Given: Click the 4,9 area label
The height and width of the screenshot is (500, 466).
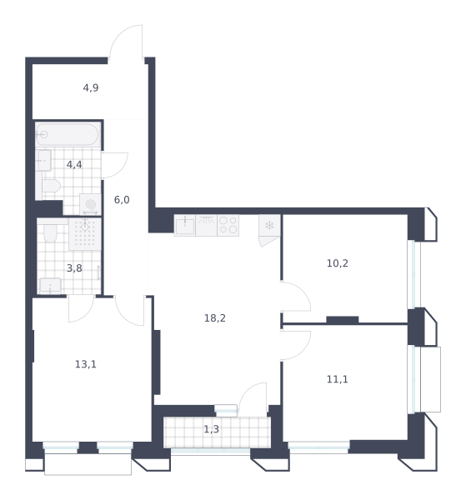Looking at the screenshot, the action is pos(91,87).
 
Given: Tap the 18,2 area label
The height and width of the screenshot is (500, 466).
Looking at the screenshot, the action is pos(214,318).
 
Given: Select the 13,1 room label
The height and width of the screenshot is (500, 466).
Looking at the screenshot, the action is pos(86,364).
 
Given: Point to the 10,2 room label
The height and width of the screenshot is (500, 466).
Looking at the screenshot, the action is pos(337,263).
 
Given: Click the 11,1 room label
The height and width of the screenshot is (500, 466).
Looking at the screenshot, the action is pos(337,379).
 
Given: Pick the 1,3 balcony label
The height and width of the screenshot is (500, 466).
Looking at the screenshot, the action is pos(211,429).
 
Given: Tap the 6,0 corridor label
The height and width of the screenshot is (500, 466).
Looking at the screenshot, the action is pos(122,200).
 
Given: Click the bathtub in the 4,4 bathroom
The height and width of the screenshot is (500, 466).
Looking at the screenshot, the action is pos(68,134).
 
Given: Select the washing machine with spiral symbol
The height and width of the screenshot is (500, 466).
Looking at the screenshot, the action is pos(90,204).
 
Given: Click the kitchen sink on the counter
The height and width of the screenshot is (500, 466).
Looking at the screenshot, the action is pos(185,225).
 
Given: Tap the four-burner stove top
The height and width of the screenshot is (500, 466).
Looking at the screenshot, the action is pos(228,225).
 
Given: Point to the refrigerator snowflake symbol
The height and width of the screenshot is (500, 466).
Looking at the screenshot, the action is pos(269,226).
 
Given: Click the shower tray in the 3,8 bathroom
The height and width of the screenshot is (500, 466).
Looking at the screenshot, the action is pos(85,234).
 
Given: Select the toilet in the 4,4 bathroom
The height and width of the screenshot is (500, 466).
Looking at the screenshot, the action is pos(52,186).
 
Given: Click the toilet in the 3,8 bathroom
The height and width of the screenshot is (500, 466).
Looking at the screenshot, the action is pos(50,233).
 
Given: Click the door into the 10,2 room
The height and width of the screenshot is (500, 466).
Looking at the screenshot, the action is pos(295,296).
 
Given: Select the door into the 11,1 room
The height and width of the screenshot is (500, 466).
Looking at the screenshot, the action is pos(295,346).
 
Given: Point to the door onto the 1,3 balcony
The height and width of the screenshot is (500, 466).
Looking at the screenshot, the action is pos(253,399).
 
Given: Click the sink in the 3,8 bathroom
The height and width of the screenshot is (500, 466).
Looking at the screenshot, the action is pos(50,286).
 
